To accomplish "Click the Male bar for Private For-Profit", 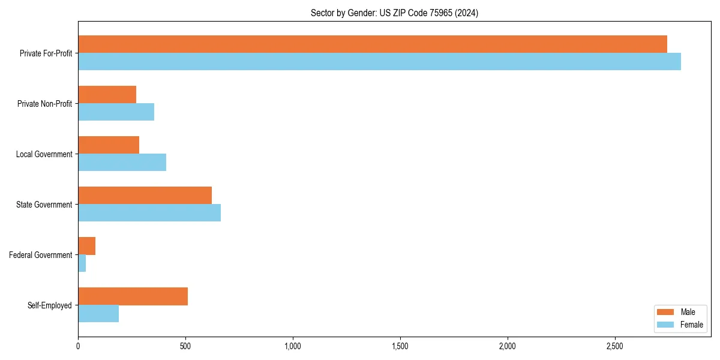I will coord(372,44).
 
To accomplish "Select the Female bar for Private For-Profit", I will coord(379,62).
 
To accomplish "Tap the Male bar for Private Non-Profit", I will coord(107,95).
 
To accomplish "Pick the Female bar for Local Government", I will coord(122,163).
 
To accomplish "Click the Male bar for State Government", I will coord(145,196).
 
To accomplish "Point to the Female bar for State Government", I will coord(149,213).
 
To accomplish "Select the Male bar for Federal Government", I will coord(86,246).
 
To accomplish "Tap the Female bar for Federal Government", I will coord(82,263).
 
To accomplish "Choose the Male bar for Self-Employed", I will coord(133,296).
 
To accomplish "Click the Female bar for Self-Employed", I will coord(98,314).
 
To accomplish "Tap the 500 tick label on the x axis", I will coord(185,346).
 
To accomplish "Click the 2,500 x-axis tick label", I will coord(615,346).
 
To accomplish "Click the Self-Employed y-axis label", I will coord(50,305).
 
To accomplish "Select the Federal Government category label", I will coord(41,255).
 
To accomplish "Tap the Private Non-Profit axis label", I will coord(44,104).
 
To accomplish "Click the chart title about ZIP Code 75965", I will coord(394,13).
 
